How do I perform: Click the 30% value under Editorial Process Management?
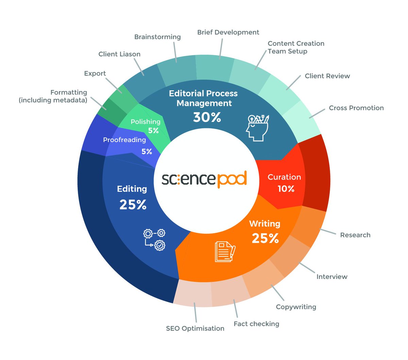click(x=207, y=118)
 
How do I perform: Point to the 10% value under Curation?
click(x=286, y=189)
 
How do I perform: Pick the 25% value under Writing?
click(x=265, y=238)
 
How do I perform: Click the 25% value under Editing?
click(x=133, y=205)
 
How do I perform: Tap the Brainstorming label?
click(x=157, y=37)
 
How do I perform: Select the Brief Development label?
click(x=228, y=32)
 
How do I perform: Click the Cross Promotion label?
click(x=356, y=108)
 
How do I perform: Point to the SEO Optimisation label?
click(x=195, y=328)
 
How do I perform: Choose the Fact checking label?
click(x=256, y=324)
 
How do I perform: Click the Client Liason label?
click(x=119, y=54)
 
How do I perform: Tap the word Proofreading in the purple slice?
click(x=124, y=140)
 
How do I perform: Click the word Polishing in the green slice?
click(x=146, y=122)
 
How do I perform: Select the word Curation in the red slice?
click(x=284, y=177)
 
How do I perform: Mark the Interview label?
click(x=332, y=277)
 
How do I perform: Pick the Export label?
click(x=95, y=73)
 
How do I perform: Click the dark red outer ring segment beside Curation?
click(x=316, y=173)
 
